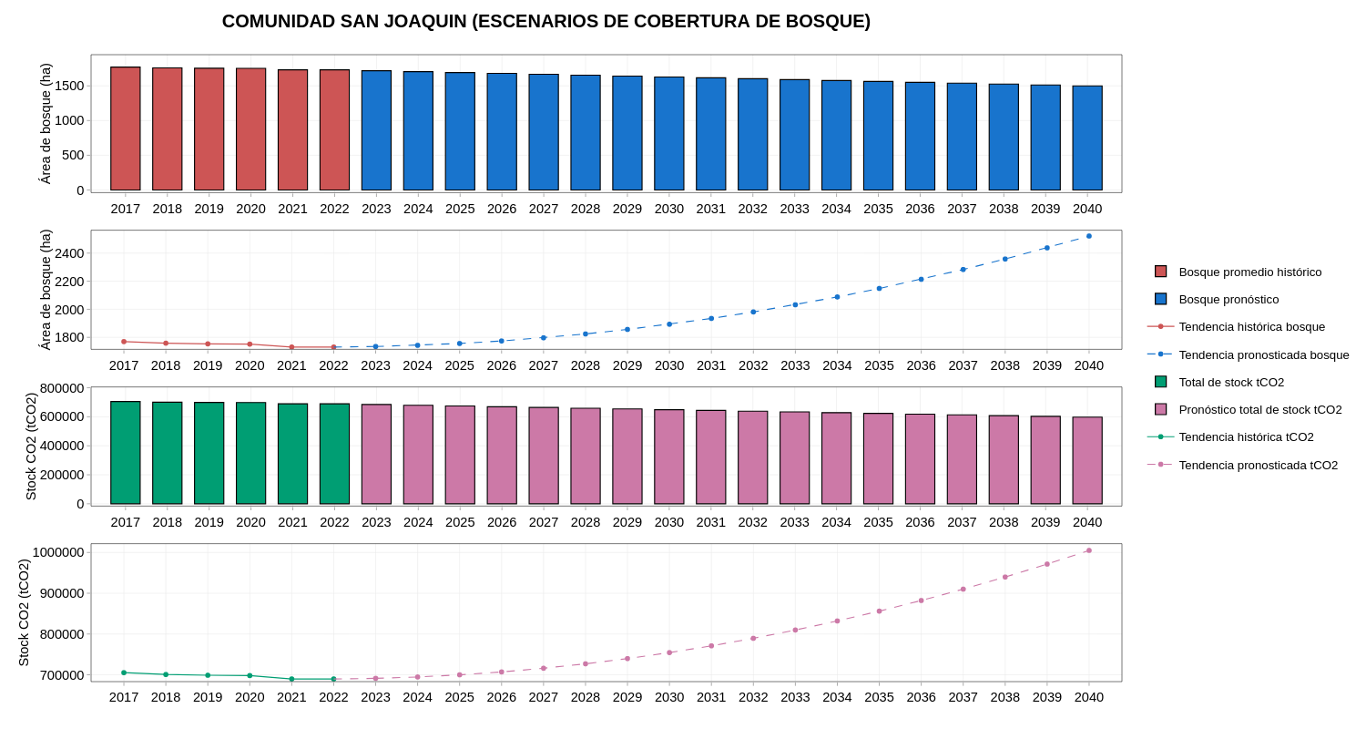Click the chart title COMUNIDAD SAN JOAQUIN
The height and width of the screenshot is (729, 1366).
545,21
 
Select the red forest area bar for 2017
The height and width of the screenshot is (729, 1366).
126,128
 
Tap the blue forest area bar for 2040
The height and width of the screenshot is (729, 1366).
1087,138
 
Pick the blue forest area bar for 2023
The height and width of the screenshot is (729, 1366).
376,130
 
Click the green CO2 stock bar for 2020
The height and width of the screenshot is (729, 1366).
250,453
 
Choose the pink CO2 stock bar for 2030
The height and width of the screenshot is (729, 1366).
669,457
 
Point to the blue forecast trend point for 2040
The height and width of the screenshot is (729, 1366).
1088,236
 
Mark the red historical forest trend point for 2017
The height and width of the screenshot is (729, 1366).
124,342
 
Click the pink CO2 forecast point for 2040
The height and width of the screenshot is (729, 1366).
1088,550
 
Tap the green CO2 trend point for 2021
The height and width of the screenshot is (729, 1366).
291,679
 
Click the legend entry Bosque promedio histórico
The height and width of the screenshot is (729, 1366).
1249,272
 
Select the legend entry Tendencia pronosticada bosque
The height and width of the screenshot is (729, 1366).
1263,354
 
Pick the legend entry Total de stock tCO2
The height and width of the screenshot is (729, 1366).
1230,382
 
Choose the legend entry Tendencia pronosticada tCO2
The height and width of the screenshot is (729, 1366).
1258,465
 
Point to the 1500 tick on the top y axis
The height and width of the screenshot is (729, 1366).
69,86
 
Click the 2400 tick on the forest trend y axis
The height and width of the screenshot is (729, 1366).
69,253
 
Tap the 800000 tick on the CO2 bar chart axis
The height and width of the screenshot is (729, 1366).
62,388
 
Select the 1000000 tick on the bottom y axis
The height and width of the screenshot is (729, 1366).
58,552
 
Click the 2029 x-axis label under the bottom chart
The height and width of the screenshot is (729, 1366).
627,697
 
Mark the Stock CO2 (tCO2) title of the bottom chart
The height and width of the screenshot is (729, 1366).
24,612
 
